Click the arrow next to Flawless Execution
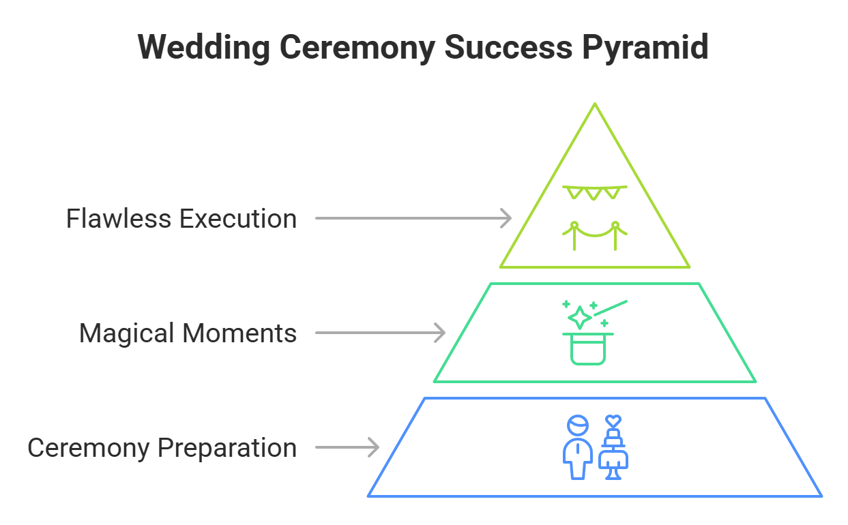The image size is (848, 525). pyautogui.click(x=413, y=218)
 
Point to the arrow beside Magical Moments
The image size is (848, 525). pyautogui.click(x=381, y=333)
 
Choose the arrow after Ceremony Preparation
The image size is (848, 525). pyautogui.click(x=347, y=447)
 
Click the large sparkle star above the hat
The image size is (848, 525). pyautogui.click(x=579, y=317)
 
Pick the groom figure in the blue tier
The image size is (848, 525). pyautogui.click(x=578, y=448)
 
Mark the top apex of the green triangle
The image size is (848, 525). pyautogui.click(x=595, y=104)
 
